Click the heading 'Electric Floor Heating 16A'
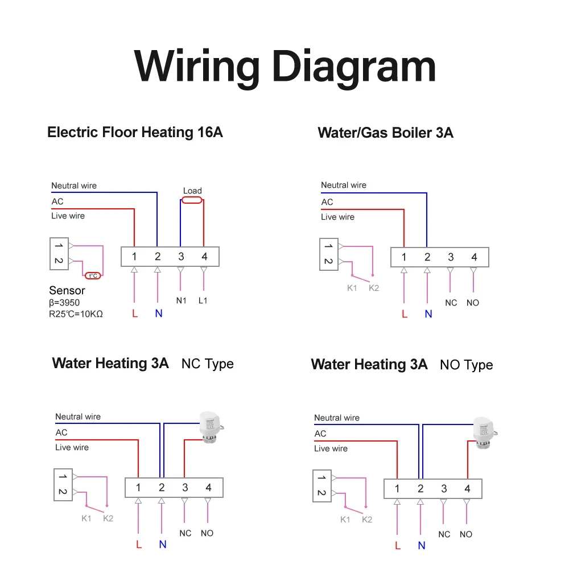click(x=135, y=133)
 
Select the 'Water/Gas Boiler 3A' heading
click(x=385, y=133)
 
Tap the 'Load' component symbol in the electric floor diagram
click(x=192, y=200)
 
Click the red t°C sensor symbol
click(x=93, y=276)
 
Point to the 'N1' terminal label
click(x=181, y=300)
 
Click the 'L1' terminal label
click(x=203, y=300)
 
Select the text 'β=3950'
click(x=64, y=303)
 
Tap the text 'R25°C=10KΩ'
click(x=76, y=314)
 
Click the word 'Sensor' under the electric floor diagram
click(x=67, y=291)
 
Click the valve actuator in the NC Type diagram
click(x=209, y=426)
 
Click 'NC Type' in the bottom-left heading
click(x=207, y=364)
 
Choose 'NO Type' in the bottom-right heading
click(x=466, y=365)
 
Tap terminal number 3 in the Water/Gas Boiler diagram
click(x=451, y=257)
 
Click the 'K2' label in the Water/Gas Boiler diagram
click(x=373, y=288)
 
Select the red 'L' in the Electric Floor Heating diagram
click(x=135, y=313)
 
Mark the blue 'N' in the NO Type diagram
click(x=422, y=546)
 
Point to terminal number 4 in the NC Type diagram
click(x=208, y=488)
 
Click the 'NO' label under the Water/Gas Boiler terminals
click(x=473, y=303)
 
